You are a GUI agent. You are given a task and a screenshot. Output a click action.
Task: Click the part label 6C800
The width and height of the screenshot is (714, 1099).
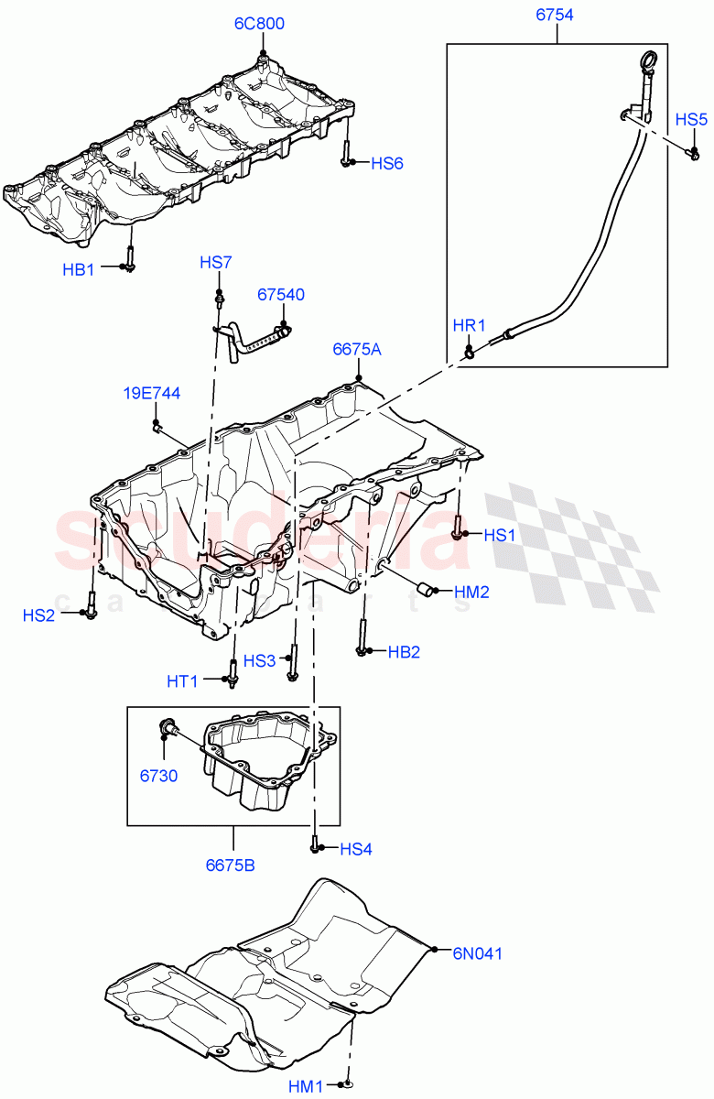coord(261,23)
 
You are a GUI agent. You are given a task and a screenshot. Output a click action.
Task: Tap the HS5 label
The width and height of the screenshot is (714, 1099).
coord(691,119)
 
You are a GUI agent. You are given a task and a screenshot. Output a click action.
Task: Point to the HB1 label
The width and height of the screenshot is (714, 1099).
coord(79,269)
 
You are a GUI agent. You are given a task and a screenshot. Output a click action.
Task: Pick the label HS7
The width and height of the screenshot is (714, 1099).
coord(216,263)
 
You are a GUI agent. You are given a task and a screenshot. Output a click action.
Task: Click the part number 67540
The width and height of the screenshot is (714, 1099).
coord(281,295)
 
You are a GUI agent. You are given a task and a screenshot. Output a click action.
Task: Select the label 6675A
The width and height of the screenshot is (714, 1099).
coord(357,349)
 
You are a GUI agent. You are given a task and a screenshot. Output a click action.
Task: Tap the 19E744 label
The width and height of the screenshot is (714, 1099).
coord(152,394)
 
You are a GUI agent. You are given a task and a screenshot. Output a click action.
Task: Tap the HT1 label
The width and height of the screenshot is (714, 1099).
coord(182,680)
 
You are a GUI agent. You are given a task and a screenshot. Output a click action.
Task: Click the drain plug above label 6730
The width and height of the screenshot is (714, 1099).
coord(168,729)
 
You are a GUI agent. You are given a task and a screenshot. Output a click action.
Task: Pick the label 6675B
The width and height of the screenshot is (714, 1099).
coord(231,864)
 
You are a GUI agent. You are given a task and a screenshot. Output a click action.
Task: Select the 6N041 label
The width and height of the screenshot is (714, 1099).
coord(477,953)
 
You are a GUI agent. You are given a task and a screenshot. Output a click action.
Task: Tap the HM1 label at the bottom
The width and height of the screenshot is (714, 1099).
coord(305,1086)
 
